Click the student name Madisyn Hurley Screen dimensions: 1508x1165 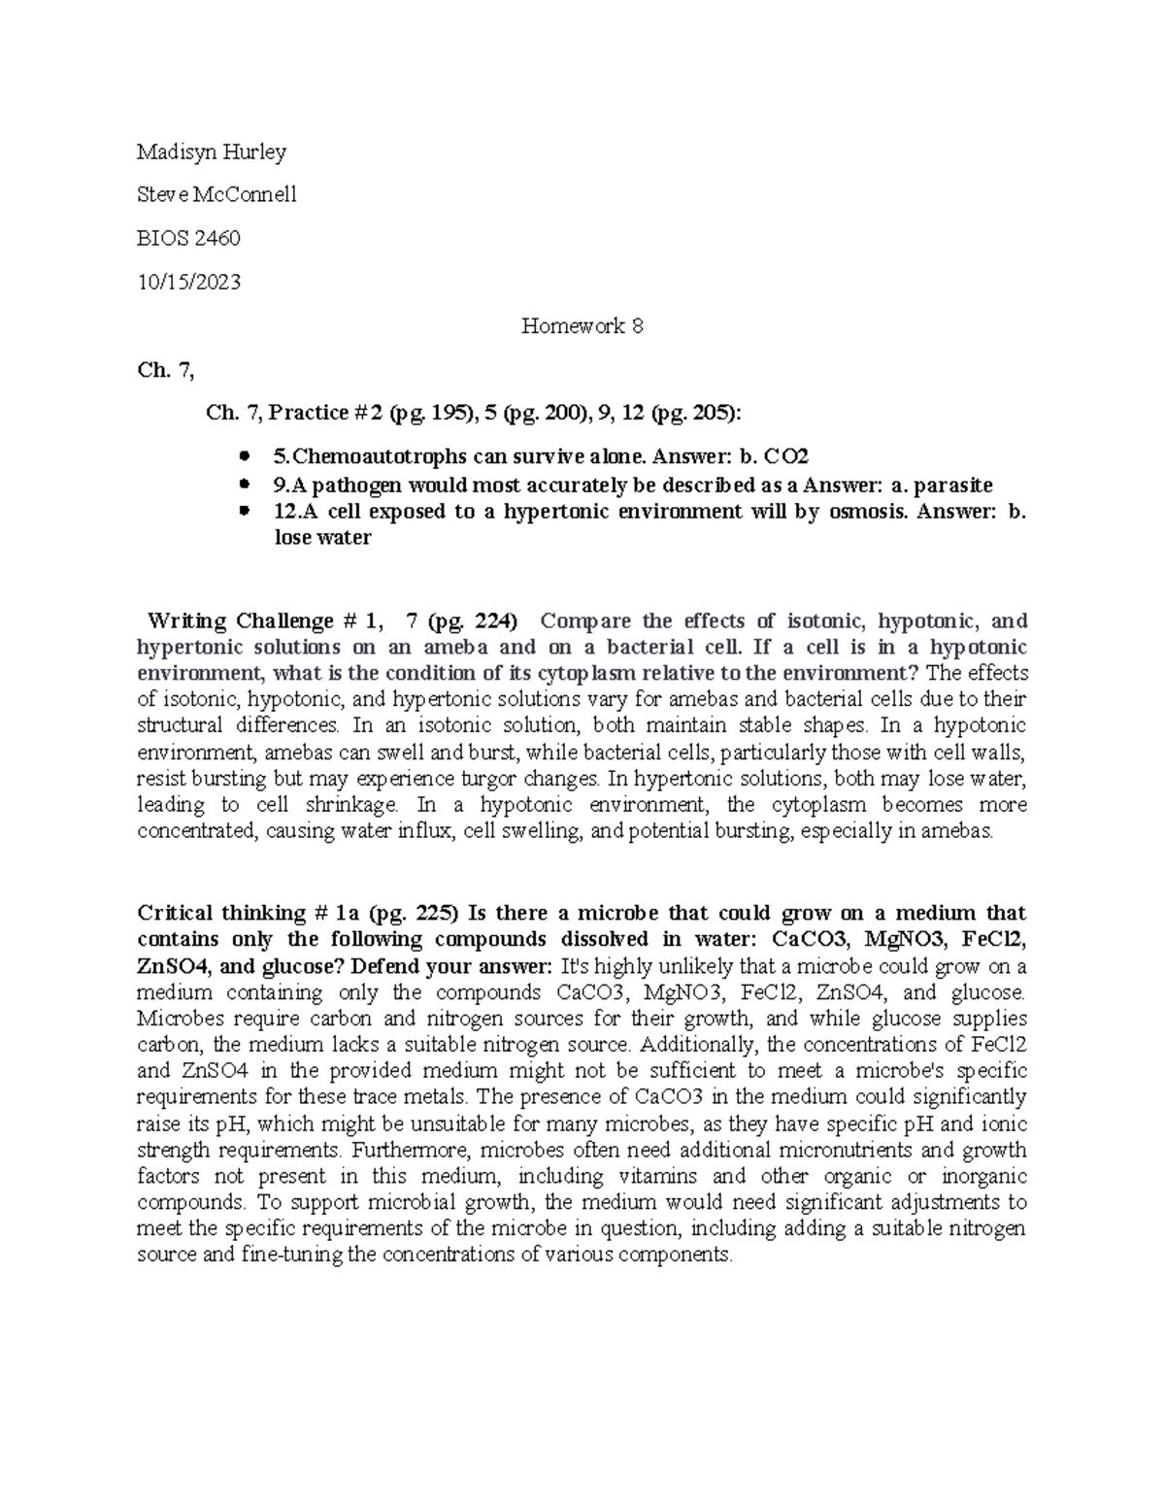coord(212,151)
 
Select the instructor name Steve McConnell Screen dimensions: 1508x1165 coord(216,194)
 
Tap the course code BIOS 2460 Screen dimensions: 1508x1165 coord(188,238)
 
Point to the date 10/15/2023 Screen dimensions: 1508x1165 coord(189,282)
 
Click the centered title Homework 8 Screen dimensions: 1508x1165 coord(582,326)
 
